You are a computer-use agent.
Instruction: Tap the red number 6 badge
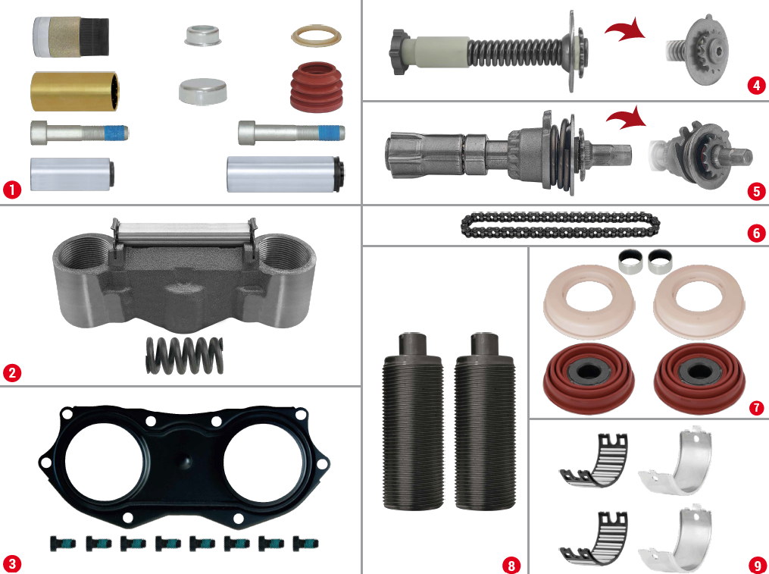click(755, 233)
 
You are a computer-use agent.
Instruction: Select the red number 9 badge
click(755, 564)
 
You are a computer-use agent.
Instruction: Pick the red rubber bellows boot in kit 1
click(317, 88)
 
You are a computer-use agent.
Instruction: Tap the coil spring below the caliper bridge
click(184, 354)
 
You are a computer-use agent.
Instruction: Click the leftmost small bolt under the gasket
click(61, 542)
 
